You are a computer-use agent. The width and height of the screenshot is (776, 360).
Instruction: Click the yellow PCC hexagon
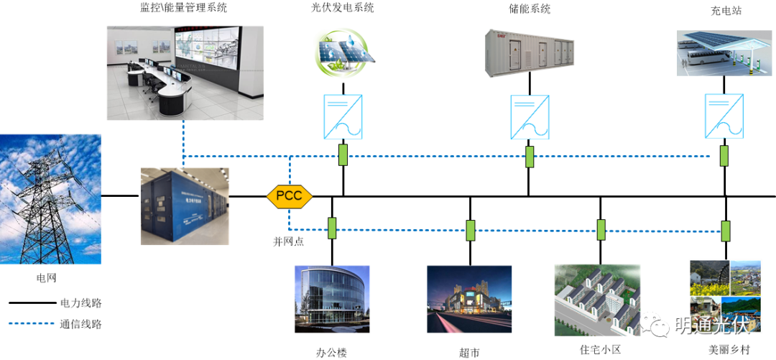[x=290, y=195]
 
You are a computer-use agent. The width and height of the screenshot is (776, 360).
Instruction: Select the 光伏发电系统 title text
[x=343, y=9]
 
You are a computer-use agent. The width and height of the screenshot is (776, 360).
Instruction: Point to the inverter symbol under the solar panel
[x=343, y=117]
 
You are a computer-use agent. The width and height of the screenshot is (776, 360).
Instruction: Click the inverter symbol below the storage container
[x=529, y=117]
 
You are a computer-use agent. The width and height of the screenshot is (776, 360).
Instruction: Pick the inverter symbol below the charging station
[x=724, y=117]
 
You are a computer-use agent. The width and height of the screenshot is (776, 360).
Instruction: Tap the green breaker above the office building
[x=332, y=228]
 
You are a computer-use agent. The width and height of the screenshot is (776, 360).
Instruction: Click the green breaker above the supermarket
[x=471, y=230]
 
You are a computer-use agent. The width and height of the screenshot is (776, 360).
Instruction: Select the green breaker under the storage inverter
[x=530, y=157]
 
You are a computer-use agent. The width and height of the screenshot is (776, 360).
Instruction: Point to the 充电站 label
[x=723, y=11]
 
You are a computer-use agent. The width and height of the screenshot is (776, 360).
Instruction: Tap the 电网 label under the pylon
[x=47, y=277]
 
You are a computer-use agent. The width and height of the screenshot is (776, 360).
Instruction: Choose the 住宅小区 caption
[x=600, y=350]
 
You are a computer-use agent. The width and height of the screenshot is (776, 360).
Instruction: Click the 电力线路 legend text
[x=81, y=303]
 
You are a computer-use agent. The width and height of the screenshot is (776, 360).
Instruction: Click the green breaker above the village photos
[x=726, y=231]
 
